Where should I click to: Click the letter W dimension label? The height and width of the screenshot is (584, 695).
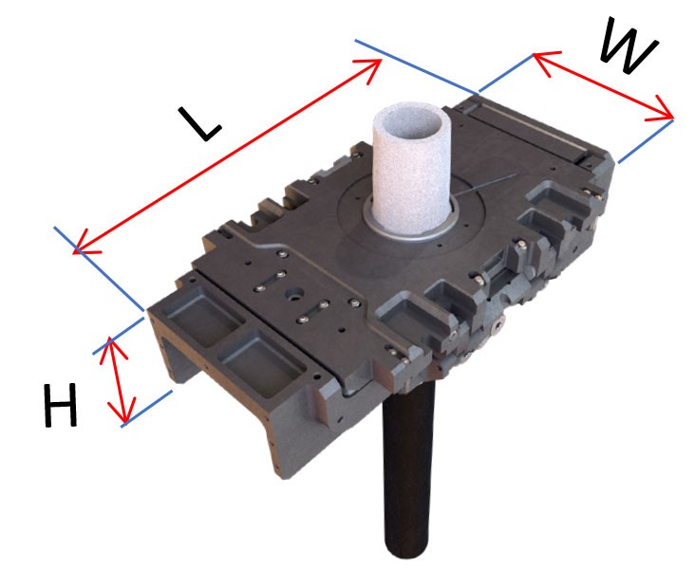click(x=629, y=46)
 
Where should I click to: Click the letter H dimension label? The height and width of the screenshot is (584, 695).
click(x=60, y=405)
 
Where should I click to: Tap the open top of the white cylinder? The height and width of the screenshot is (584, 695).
click(x=411, y=124)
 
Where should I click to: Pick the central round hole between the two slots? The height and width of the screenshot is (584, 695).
click(x=293, y=294)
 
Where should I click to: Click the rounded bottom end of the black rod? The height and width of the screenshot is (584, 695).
click(x=407, y=549)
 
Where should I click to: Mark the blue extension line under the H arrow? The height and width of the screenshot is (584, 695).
click(x=147, y=409)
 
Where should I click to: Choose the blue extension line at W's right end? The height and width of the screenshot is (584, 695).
click(x=646, y=140)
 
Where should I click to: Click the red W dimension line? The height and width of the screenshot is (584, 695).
click(x=603, y=86)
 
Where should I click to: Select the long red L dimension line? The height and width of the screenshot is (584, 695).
click(x=227, y=155)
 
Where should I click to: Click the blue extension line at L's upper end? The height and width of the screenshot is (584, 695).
click(x=417, y=66)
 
